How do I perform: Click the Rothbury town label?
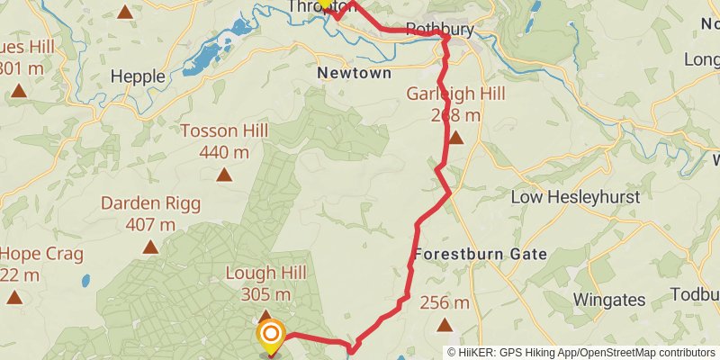(x=439, y=30)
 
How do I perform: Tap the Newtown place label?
(x=355, y=73)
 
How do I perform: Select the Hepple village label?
(x=138, y=76)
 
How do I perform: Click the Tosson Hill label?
(x=224, y=130)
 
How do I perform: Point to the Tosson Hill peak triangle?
(x=224, y=175)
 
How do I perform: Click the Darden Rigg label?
(x=150, y=202)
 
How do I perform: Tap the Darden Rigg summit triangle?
(x=150, y=247)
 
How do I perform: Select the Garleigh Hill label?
(x=455, y=94)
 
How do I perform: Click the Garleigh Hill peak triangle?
(x=456, y=138)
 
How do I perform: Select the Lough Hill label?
(x=265, y=273)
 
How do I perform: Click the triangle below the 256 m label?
(x=443, y=325)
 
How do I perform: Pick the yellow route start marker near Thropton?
(x=325, y=3)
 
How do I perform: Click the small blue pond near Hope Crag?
(x=85, y=280)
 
